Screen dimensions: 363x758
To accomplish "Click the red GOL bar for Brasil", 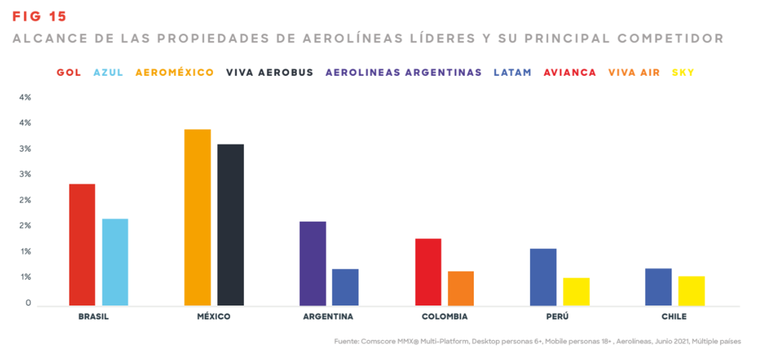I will [x=81, y=245].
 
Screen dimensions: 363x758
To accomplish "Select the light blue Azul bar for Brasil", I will [x=115, y=262].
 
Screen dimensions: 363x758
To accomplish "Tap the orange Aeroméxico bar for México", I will [x=197, y=218].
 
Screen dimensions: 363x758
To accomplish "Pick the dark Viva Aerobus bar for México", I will [x=231, y=225].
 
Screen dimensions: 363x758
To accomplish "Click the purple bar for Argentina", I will [x=313, y=263].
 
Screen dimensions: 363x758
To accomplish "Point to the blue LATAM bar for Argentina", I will [x=346, y=287].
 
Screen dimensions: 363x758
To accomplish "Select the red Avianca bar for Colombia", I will [x=428, y=272].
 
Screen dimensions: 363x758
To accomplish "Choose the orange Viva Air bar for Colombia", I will [x=461, y=288].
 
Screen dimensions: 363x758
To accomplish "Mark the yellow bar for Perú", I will [x=576, y=292].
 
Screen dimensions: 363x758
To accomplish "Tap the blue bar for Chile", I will [x=658, y=287].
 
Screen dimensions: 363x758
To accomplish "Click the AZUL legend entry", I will [x=108, y=73].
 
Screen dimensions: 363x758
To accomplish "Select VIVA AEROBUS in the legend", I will [x=270, y=73].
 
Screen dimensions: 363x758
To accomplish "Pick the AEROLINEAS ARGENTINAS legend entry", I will [x=404, y=73].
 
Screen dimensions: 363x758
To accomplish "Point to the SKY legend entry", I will [x=683, y=73].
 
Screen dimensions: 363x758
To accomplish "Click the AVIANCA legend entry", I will [x=570, y=73].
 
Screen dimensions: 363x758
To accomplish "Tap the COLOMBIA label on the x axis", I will [x=445, y=317].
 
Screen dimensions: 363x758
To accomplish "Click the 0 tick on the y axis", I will [x=28, y=303].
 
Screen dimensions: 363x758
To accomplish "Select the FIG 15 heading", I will [x=39, y=16].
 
